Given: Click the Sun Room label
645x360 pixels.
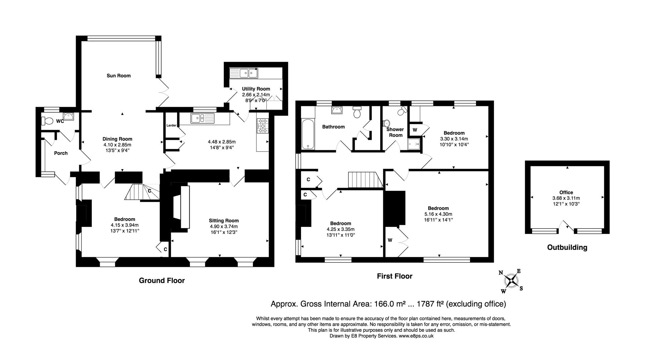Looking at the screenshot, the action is pos(119,76).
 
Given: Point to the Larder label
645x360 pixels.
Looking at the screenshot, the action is pos(171,125).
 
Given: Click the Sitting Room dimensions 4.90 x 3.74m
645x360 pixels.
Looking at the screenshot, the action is pos(224,226).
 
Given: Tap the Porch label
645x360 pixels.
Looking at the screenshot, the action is pos(61,153).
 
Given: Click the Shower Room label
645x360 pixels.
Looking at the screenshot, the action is pos(395,132).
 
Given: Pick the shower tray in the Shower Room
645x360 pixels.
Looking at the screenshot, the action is pos(414,144).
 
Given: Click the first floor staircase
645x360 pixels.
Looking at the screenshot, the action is pos(365,180).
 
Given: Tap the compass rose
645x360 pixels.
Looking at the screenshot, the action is pos(511,280).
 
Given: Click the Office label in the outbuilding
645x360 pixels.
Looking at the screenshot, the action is pos(566,193).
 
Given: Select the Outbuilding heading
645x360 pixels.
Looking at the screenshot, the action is pos(567,247).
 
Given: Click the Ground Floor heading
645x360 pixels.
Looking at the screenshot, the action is pos(162,280).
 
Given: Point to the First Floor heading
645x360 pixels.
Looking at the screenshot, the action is pos(394,276).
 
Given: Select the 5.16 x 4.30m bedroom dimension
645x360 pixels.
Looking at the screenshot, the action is pos(438,214).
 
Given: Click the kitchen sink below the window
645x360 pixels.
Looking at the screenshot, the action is pos(202,118).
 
